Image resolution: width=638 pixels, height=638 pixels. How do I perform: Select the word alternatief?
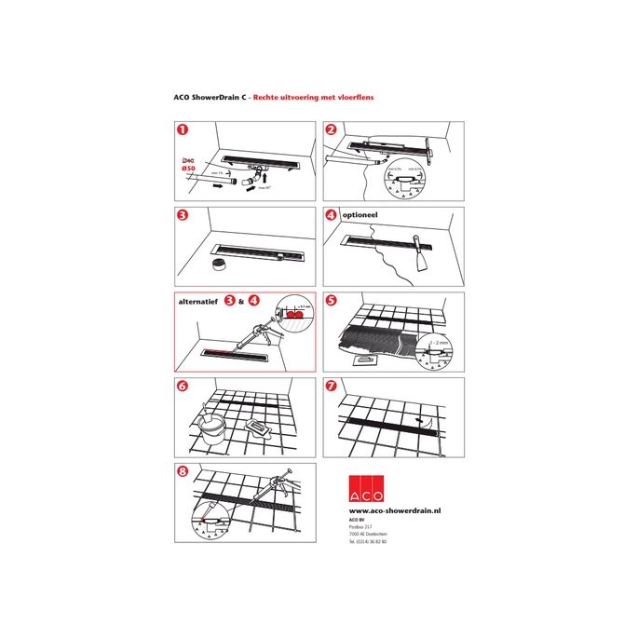[x=199, y=302]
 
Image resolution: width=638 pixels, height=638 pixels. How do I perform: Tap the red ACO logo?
[x=369, y=489]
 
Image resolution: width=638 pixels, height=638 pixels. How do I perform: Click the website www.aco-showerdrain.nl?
[x=395, y=511]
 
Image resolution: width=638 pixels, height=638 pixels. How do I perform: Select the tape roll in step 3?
[x=219, y=265]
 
